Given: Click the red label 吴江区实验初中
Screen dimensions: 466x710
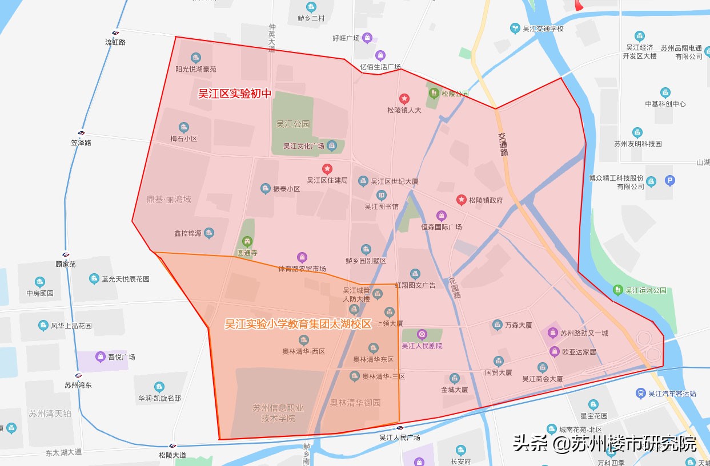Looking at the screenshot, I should tap(234, 94).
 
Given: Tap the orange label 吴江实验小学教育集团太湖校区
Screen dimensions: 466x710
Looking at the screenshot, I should tap(298, 324).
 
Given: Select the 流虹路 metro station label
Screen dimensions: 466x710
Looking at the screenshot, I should tap(115, 42).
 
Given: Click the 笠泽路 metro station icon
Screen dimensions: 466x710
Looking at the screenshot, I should tap(81, 133).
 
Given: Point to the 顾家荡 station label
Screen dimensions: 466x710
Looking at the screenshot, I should tap(66, 264).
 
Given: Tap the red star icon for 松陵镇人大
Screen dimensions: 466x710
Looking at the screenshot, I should tap(404, 99).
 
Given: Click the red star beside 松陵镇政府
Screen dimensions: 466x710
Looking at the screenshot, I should tap(461, 200).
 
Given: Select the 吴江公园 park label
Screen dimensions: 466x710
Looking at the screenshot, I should tap(292, 124).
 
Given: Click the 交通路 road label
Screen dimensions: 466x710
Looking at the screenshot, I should tap(503, 144).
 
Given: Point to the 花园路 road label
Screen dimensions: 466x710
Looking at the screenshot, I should tap(455, 287).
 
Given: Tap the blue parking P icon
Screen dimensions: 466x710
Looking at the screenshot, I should tap(670, 181).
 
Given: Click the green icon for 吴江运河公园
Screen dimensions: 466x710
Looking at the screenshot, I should tap(617, 290).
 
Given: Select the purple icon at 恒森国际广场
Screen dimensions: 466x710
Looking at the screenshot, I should tap(441, 216).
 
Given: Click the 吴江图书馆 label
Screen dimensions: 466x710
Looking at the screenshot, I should tap(382, 206).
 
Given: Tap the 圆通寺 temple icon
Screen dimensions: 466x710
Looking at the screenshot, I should tap(247, 241).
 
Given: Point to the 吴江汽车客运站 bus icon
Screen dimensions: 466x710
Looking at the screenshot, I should tap(641, 393).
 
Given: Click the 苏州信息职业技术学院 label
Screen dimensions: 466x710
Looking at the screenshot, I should tap(278, 413).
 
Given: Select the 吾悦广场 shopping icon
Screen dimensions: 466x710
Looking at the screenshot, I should tap(101, 357).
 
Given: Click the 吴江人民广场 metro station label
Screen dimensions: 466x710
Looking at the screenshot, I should tap(400, 437).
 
